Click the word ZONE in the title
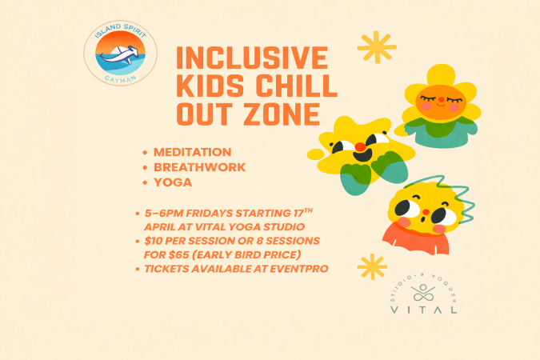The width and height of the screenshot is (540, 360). point(266,114)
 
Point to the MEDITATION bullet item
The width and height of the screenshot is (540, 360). point(193,152)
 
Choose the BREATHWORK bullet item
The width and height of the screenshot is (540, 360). point(200,167)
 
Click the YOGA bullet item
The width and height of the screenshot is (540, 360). point(173,182)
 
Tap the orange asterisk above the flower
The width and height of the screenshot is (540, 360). point(377,47)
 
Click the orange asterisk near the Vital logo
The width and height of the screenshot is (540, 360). point(372,266)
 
